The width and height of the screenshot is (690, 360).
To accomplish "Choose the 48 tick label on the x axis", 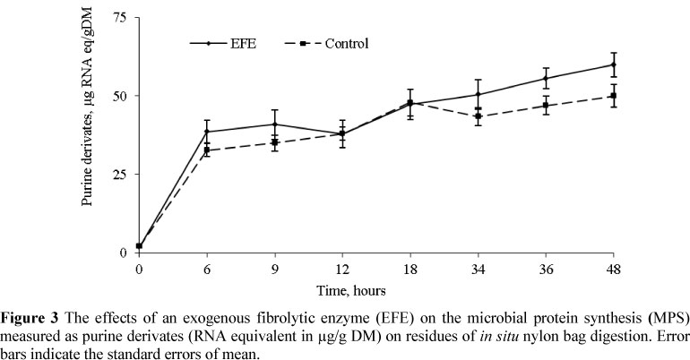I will [x=613, y=268].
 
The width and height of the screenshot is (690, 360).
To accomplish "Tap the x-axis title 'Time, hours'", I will [x=375, y=290].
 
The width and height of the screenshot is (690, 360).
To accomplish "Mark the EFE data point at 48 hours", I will [x=613, y=64].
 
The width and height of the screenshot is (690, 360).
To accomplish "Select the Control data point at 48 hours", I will [x=613, y=96].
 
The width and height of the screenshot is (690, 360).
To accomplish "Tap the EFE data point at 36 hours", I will [x=546, y=78].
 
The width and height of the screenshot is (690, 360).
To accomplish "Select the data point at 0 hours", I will [x=139, y=246].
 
